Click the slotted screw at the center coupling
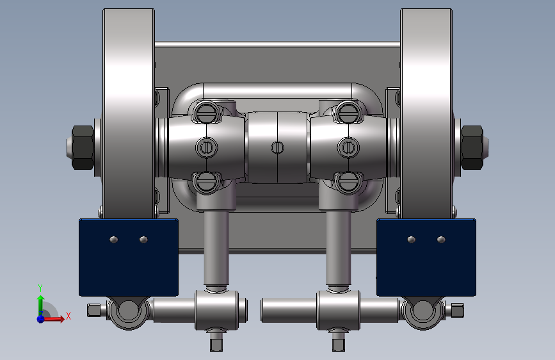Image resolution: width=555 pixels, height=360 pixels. (x=277, y=147)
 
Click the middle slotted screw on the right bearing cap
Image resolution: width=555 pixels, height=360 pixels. (x=348, y=147)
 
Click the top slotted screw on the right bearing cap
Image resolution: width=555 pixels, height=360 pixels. (x=348, y=113)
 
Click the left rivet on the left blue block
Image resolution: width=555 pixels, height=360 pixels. (x=114, y=240)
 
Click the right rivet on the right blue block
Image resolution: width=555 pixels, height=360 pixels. (x=441, y=240)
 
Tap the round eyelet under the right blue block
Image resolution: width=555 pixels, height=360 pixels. (x=422, y=312)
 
